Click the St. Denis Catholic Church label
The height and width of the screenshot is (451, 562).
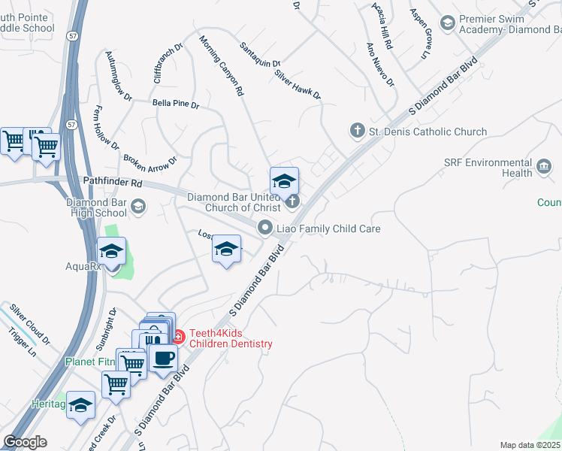coord(428,132)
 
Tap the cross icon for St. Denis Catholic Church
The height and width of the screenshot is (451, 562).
coord(358,132)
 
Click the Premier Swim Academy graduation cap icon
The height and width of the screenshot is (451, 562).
coord(447,23)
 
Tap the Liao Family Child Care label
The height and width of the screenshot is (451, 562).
coord(329,228)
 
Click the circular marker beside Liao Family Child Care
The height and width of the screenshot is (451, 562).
coord(264,227)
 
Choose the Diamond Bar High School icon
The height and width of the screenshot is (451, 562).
coord(137,205)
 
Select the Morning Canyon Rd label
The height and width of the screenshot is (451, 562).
coord(222,65)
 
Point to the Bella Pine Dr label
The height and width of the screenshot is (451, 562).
coord(175,104)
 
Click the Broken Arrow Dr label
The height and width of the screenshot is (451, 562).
coord(150,162)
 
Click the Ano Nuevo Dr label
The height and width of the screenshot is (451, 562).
coord(380,64)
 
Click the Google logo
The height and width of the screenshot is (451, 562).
coord(25,441)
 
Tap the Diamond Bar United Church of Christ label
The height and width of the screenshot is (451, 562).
coord(234,202)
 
